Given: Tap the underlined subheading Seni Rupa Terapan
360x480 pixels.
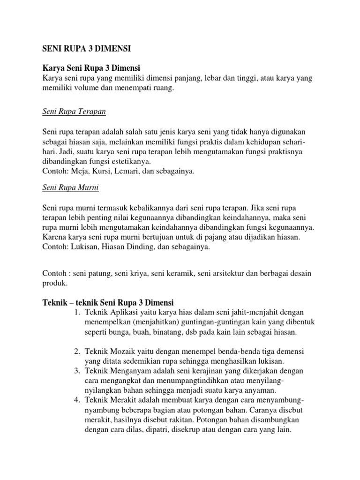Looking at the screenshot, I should coord(74,112).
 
